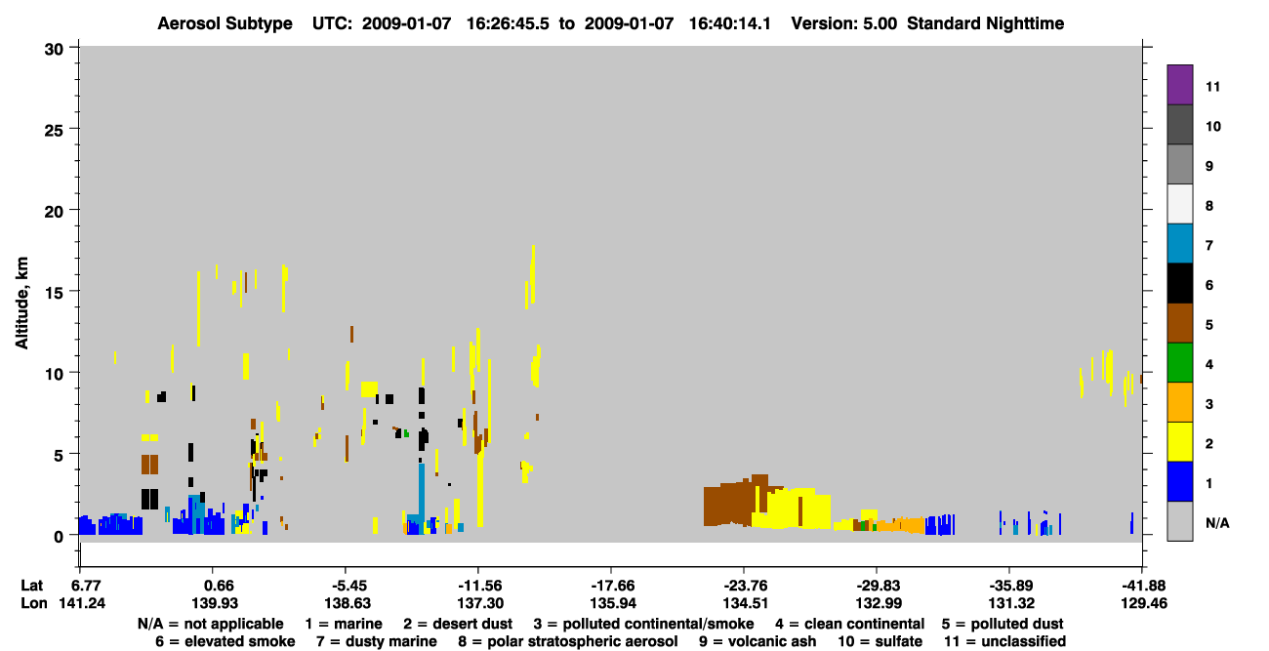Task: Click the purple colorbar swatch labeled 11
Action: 1179,84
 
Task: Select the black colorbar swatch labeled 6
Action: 1179,283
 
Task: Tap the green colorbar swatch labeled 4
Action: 1179,363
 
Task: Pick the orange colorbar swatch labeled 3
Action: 1179,402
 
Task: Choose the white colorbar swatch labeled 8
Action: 1179,204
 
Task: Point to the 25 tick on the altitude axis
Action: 72,129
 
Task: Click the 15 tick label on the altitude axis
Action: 54,293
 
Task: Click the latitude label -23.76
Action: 745,586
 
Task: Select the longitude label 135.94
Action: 612,603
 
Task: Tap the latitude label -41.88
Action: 1143,586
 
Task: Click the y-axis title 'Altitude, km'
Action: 21,304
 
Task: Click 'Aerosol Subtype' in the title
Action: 225,23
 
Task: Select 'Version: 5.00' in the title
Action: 844,23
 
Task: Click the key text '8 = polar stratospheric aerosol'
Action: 568,641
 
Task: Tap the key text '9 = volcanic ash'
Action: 757,641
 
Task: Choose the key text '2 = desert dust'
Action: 458,624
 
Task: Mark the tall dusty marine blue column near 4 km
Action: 422,493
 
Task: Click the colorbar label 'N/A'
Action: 1217,523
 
